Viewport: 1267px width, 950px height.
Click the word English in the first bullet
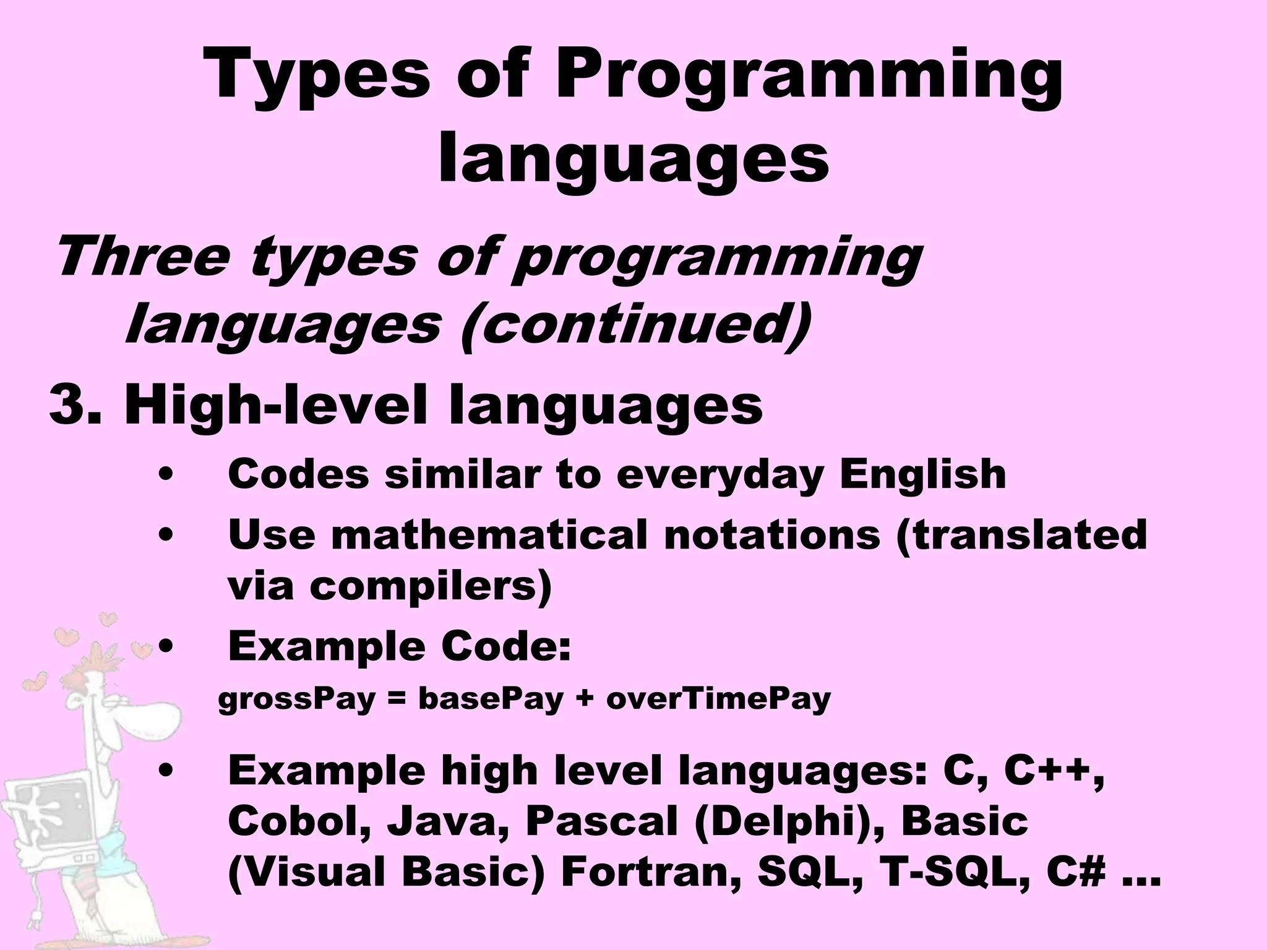point(922,474)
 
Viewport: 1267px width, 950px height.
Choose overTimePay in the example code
point(718,700)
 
